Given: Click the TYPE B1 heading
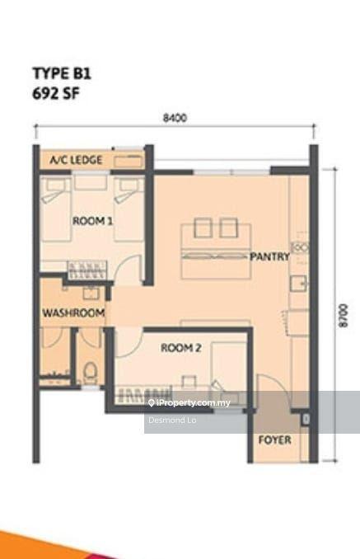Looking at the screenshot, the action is tap(62, 73).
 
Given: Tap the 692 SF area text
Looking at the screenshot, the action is tap(56, 94).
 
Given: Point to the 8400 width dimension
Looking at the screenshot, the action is tap(175, 118).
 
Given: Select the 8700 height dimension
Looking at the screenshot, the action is tap(343, 315).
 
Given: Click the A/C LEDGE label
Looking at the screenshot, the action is tap(76, 160).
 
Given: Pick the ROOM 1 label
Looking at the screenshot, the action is tap(92, 221).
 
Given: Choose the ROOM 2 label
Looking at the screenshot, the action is tap(181, 348).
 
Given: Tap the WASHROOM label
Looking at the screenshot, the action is tap(73, 313).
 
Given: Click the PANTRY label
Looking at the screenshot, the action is tap(269, 256).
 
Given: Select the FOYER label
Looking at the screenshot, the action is tap(274, 440).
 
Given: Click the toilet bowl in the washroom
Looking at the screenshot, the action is tap(90, 373).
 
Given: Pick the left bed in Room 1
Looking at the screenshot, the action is tap(56, 209).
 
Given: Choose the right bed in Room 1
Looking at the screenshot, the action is tap(129, 209).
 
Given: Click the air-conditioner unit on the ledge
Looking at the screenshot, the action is tap(129, 161).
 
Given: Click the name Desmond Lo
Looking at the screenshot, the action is tap(172, 420).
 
